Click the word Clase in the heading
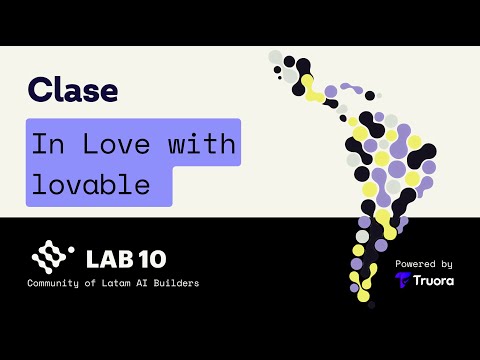coord(73,91)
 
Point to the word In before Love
coord(45,144)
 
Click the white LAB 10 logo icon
coord(49,259)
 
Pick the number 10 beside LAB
coord(149,259)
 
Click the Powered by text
coord(424,264)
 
